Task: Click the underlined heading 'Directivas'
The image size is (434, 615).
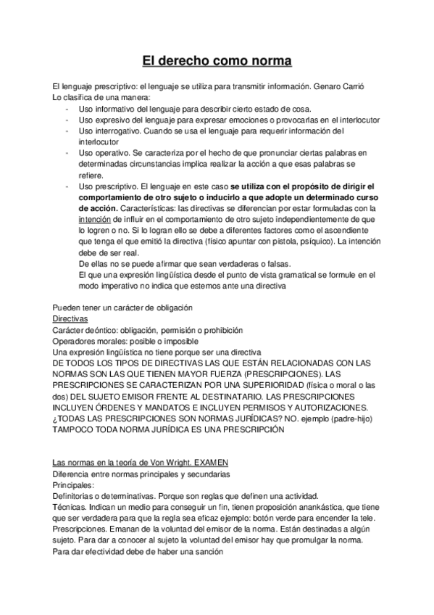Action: pyautogui.click(x=70, y=318)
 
